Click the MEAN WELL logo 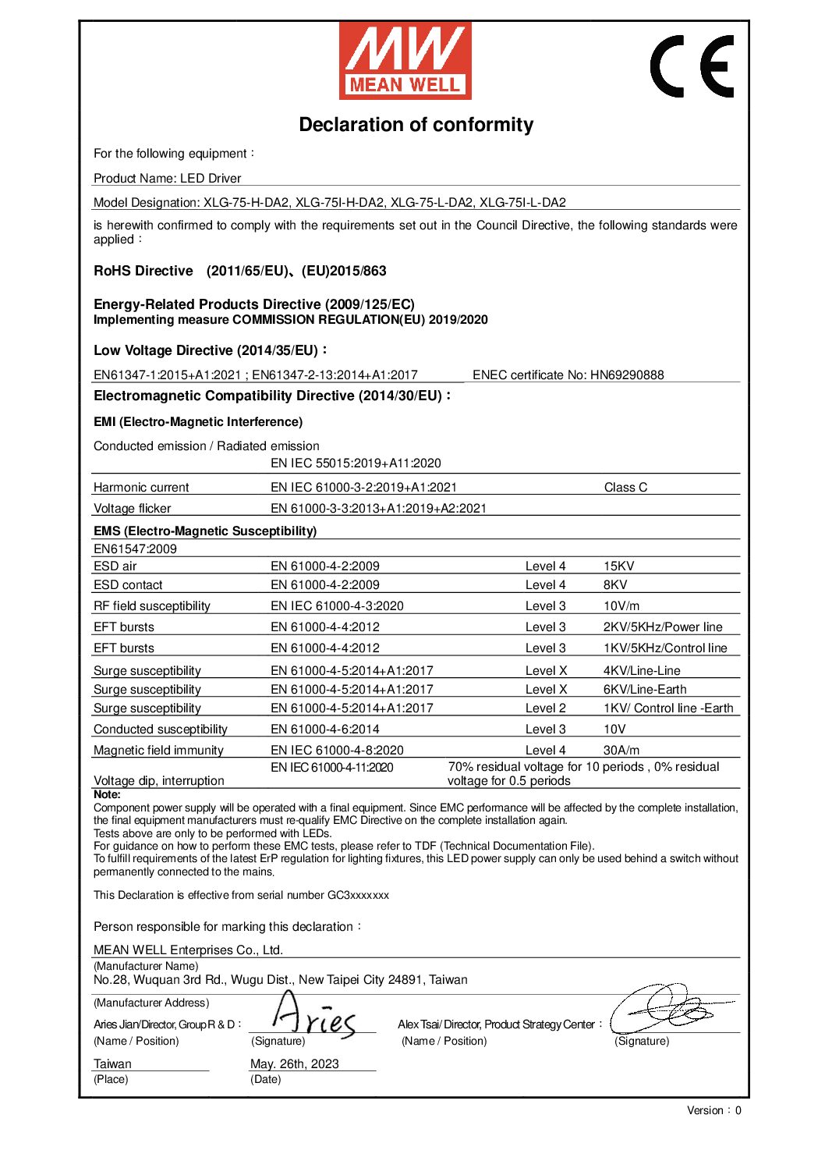pyautogui.click(x=405, y=61)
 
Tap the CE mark pyautogui.click(x=692, y=66)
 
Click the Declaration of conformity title pyautogui.click(x=416, y=125)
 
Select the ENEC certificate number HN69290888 pyautogui.click(x=627, y=375)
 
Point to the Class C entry pyautogui.click(x=625, y=488)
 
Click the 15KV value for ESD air pyautogui.click(x=618, y=566)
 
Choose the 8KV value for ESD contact pyautogui.click(x=614, y=585)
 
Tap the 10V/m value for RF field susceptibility pyautogui.click(x=621, y=606)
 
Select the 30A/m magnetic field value pyautogui.click(x=621, y=751)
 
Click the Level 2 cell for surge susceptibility pyautogui.click(x=545, y=708)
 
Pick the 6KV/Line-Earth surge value pyautogui.click(x=644, y=690)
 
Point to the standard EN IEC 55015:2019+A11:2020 pyautogui.click(x=356, y=463)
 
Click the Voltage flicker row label pyautogui.click(x=132, y=509)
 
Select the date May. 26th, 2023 pyautogui.click(x=294, y=1064)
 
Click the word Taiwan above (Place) pyautogui.click(x=112, y=1064)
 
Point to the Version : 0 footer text pyautogui.click(x=713, y=1111)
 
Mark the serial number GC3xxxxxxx pyautogui.click(x=358, y=896)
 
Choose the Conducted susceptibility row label pyautogui.click(x=160, y=730)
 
